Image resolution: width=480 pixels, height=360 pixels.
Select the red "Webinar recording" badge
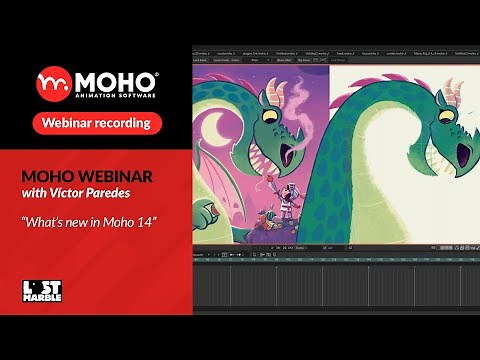pos(97,122)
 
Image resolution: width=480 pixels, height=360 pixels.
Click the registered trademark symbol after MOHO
pos(156,71)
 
